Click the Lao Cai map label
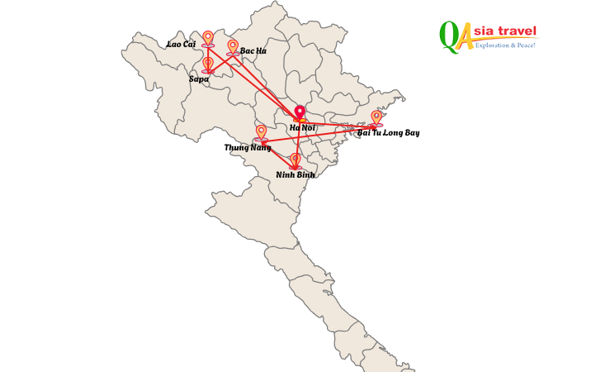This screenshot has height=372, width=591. (181, 45)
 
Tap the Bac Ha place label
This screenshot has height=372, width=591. (253, 51)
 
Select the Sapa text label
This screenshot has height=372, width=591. (199, 79)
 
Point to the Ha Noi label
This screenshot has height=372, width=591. (302, 128)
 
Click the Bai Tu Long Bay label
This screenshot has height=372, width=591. (388, 133)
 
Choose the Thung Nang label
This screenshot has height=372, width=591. (248, 148)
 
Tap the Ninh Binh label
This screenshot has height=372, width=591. (295, 175)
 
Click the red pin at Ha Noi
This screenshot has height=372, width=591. (300, 112)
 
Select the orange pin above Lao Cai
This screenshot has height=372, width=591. (208, 38)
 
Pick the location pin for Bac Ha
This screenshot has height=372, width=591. (233, 46)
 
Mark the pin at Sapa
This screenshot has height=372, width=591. (208, 64)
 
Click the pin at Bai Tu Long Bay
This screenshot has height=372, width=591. (376, 117)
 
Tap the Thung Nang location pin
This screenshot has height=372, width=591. (262, 132)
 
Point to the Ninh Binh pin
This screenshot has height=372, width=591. (295, 160)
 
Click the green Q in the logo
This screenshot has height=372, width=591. (450, 36)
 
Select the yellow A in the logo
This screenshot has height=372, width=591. (466, 36)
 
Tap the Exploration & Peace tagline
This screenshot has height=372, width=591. (505, 45)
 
